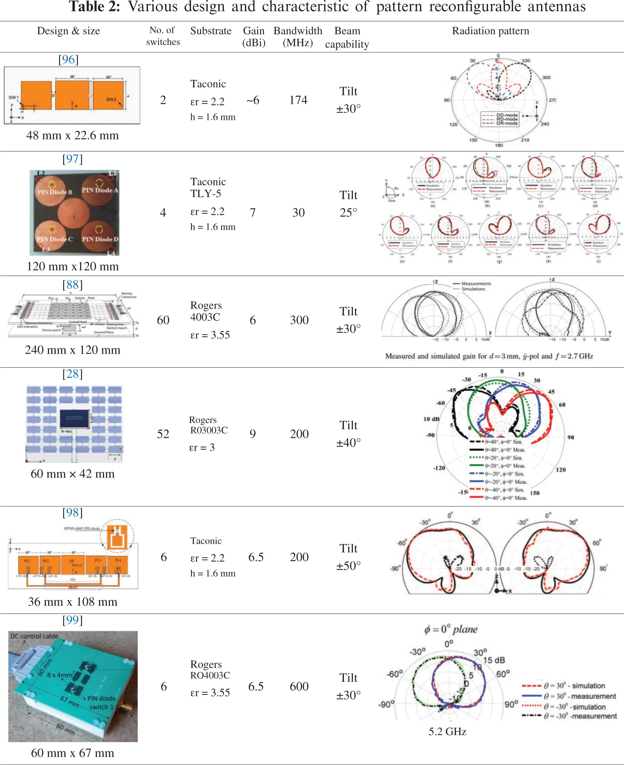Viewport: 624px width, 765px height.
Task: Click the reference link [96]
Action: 68,59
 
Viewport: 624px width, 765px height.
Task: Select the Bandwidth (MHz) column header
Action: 298,37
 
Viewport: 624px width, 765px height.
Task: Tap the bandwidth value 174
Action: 298,100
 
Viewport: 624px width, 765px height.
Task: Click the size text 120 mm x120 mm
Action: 73,266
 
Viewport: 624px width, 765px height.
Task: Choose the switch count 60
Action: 163,320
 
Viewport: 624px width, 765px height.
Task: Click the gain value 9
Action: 253,434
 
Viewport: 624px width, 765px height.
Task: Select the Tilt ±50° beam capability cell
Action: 348,557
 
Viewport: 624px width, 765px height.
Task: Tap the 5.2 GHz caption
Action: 447,731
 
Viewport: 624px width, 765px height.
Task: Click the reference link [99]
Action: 73,620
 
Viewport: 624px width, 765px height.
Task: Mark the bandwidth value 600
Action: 299,686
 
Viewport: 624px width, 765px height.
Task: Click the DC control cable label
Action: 34,636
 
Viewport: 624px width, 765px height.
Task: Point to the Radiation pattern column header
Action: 490,31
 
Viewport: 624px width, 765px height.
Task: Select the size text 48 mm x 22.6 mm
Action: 73,135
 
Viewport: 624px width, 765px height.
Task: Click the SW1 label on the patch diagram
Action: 13,97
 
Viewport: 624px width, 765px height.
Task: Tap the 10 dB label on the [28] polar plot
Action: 431,419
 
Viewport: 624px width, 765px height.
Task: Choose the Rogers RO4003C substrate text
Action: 210,669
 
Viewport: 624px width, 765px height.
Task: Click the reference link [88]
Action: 73,284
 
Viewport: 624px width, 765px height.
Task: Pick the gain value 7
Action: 253,212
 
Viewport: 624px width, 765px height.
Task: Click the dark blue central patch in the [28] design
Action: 75,419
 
